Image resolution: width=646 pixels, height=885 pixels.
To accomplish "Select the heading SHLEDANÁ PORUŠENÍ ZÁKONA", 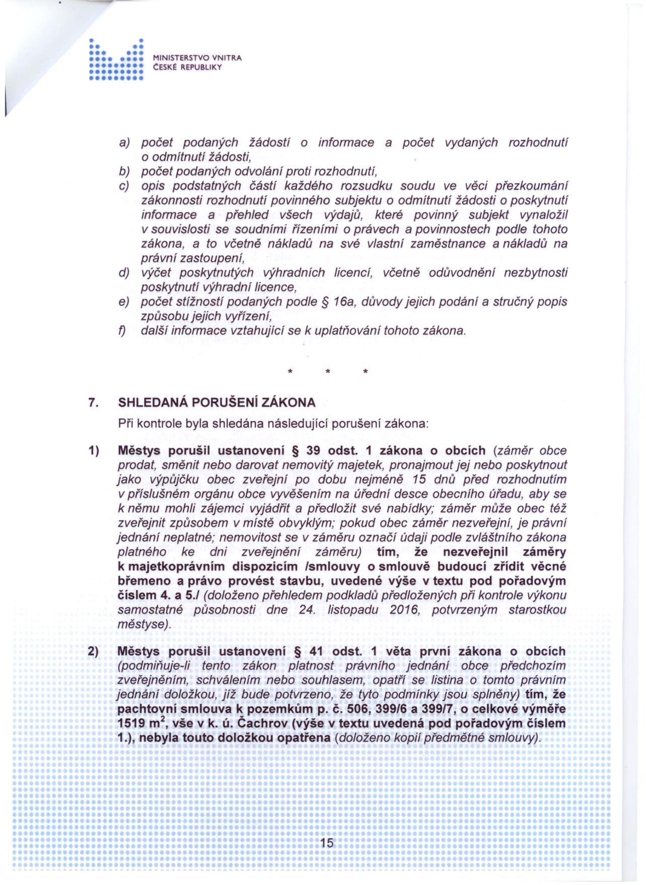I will [x=217, y=403].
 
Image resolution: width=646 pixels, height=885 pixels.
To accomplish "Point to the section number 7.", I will [x=92, y=403].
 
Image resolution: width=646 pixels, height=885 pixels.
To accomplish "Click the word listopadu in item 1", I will [x=352, y=610].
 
